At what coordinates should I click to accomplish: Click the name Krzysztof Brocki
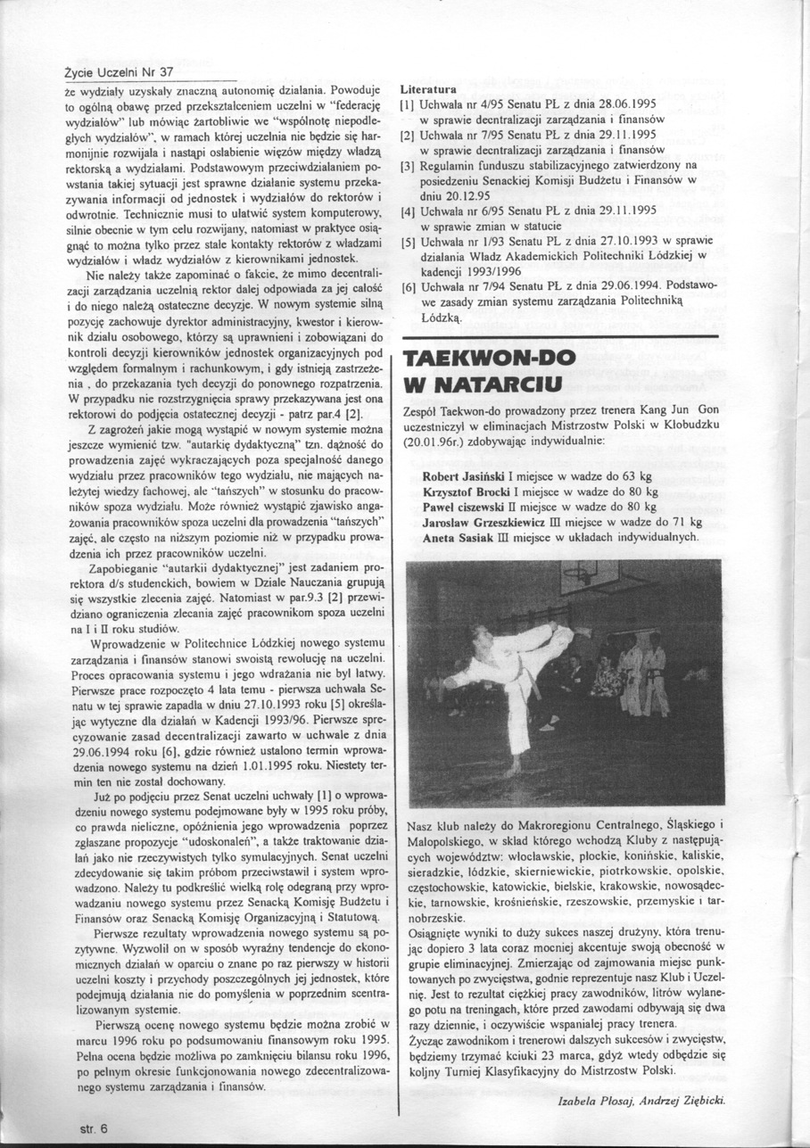(x=470, y=491)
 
